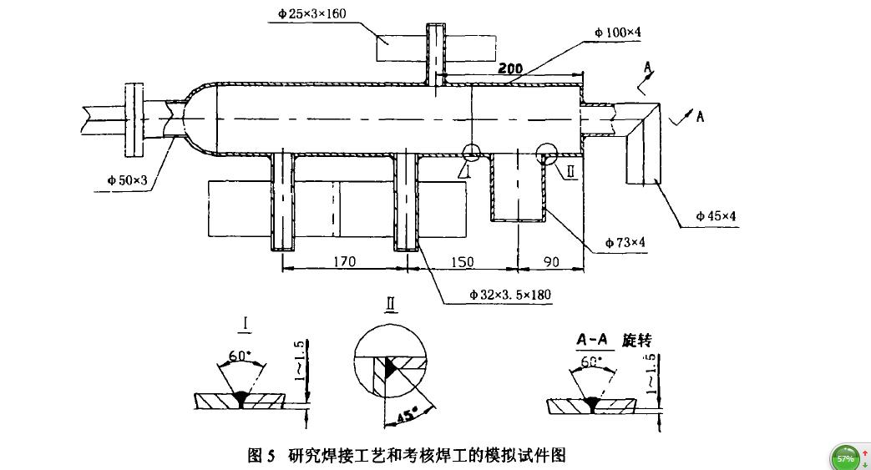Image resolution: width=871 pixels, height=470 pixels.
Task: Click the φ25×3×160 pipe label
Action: (311, 13)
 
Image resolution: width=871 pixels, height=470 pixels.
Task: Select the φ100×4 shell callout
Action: (618, 32)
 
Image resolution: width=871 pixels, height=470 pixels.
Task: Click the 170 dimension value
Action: (343, 261)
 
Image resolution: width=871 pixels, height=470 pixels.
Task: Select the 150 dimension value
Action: (461, 261)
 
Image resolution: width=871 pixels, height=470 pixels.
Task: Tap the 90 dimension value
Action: (551, 261)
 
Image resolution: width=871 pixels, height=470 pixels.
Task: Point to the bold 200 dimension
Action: (511, 68)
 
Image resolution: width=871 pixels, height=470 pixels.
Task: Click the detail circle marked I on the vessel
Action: (471, 152)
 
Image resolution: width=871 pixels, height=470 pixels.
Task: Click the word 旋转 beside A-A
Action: (636, 341)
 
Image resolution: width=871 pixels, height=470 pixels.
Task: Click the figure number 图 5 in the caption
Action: (261, 456)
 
